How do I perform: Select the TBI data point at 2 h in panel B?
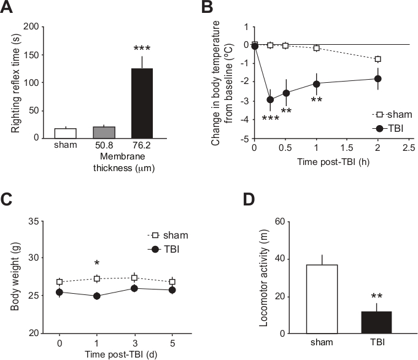pos(378,79)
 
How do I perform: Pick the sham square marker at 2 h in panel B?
pos(378,59)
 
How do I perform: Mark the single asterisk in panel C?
pos(96,264)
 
